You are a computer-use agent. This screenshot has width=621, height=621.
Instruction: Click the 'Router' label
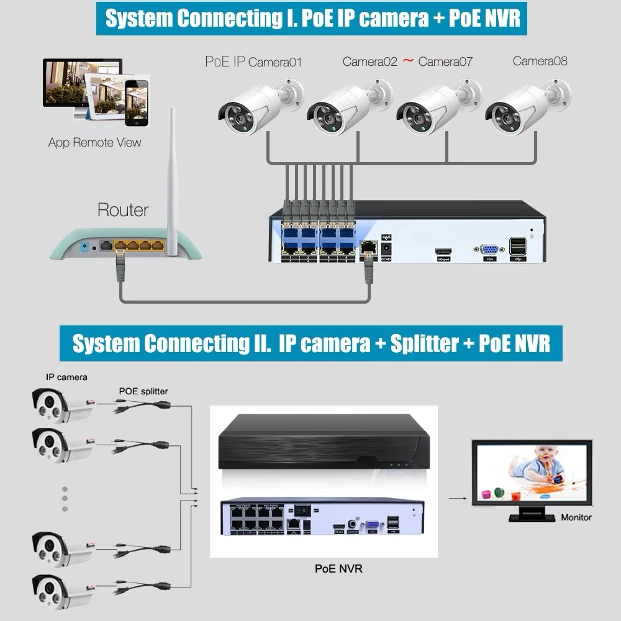123,210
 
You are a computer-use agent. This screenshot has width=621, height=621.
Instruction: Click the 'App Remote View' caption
94,142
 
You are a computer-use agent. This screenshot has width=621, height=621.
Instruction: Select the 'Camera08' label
540,61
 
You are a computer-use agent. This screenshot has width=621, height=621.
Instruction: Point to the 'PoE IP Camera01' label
253,61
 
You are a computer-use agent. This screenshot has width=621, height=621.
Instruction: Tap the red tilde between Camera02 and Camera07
408,61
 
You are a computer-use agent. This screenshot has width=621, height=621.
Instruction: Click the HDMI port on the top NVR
443,253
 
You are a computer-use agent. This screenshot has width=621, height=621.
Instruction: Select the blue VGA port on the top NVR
489,250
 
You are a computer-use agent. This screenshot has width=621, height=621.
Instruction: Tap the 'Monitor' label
576,517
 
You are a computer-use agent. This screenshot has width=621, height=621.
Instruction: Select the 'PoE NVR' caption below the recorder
338,568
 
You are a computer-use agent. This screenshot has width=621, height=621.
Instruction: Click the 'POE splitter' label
143,391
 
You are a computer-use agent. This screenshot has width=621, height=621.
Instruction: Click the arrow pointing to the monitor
457,497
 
